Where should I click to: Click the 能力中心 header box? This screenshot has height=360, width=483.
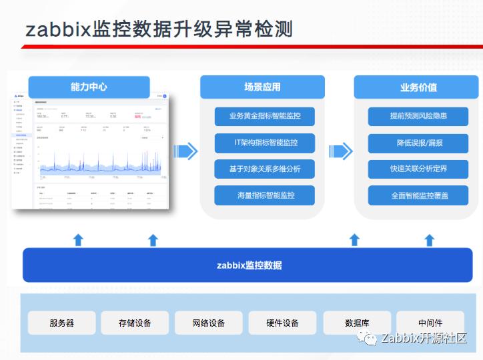[x=89, y=87]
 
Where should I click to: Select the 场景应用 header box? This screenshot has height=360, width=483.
[x=262, y=87]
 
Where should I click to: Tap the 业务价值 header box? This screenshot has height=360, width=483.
[x=418, y=87]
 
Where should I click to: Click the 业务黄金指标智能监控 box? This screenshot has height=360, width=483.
[x=264, y=116]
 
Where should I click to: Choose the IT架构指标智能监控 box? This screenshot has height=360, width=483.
[x=264, y=143]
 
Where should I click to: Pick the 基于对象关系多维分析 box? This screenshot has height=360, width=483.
[x=264, y=169]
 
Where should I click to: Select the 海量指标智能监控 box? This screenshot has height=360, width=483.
[x=264, y=195]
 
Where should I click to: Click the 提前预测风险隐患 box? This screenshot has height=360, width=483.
[x=418, y=116]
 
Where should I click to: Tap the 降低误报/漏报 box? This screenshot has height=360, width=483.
[x=418, y=143]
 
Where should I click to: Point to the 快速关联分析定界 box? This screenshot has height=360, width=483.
[x=418, y=169]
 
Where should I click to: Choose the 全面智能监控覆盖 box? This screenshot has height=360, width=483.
[x=418, y=195]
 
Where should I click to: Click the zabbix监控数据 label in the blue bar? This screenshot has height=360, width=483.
[x=249, y=265]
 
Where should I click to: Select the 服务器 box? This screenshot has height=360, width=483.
[x=61, y=323]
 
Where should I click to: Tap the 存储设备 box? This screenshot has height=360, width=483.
[x=135, y=323]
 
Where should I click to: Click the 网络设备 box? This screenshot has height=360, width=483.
[x=208, y=323]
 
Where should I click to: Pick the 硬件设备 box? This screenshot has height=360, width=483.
[x=282, y=323]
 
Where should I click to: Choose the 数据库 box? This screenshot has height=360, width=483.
[x=357, y=323]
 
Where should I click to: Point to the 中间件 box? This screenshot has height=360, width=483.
[x=430, y=323]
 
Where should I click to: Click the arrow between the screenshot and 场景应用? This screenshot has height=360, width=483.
[x=185, y=151]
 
